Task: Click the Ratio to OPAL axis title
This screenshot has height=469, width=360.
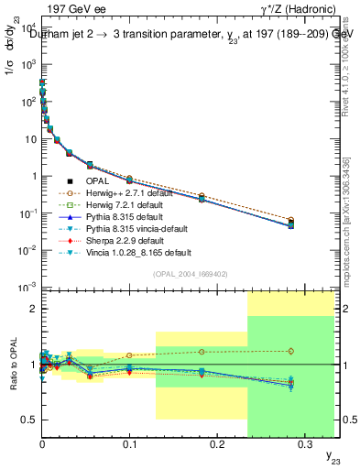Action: pyautogui.click(x=11, y=365)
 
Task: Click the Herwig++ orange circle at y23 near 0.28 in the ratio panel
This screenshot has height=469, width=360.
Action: pyautogui.click(x=291, y=351)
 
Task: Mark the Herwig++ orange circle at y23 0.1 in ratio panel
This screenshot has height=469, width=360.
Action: pyautogui.click(x=129, y=355)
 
